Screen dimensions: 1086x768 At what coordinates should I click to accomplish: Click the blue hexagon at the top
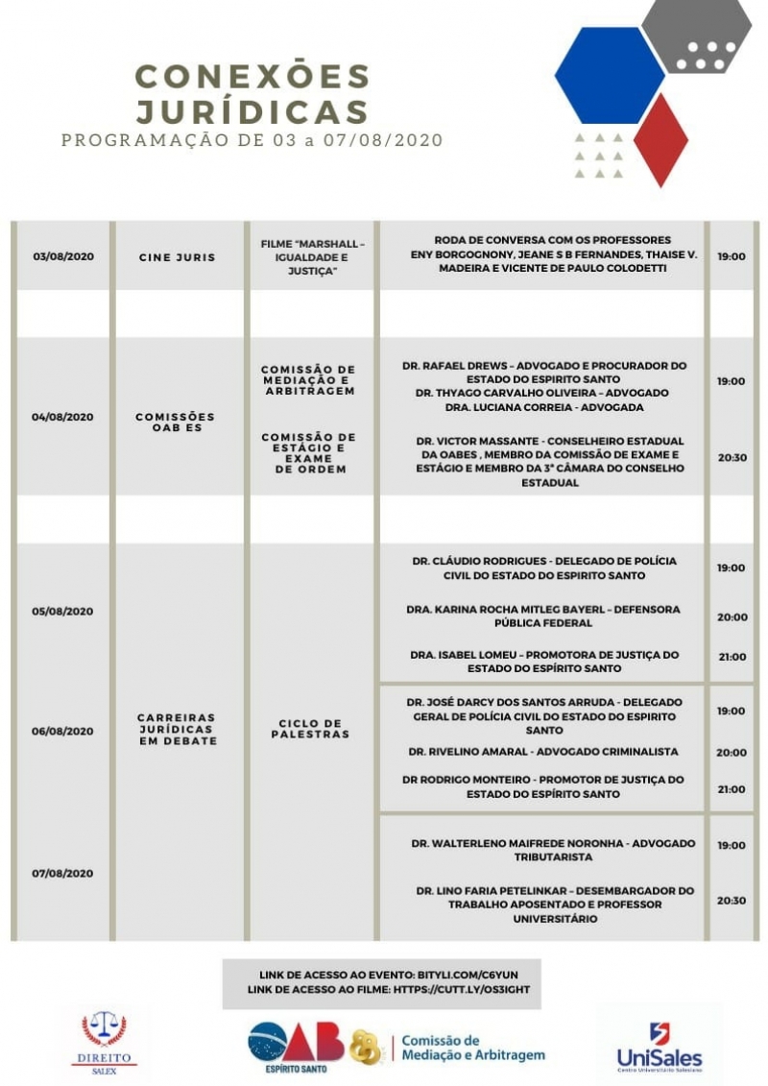click(610, 76)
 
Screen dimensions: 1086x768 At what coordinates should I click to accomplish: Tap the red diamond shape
click(661, 139)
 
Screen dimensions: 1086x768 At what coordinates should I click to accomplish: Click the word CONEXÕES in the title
click(252, 76)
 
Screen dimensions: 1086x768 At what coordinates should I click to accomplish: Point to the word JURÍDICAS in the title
click(252, 110)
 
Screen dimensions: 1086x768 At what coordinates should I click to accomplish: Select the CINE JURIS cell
click(178, 256)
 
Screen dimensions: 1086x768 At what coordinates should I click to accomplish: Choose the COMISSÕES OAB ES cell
click(178, 422)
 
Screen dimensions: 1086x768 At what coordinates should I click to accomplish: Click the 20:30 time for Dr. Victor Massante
click(732, 457)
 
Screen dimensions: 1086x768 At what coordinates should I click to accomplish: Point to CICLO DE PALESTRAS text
click(311, 729)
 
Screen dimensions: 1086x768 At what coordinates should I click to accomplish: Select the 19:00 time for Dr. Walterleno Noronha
click(732, 845)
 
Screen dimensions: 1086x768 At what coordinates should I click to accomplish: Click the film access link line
click(388, 988)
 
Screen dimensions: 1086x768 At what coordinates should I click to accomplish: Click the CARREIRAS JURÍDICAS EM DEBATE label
click(178, 729)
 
